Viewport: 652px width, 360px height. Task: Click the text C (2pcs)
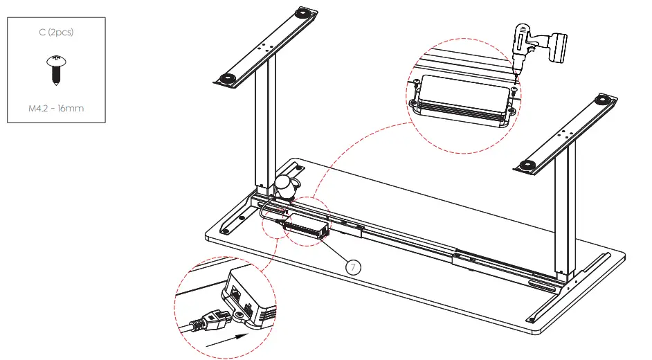[x=56, y=33]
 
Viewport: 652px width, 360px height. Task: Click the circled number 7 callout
[x=353, y=265]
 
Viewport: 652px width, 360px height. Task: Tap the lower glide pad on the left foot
[x=226, y=78]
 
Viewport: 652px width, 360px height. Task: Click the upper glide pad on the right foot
[x=607, y=100]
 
